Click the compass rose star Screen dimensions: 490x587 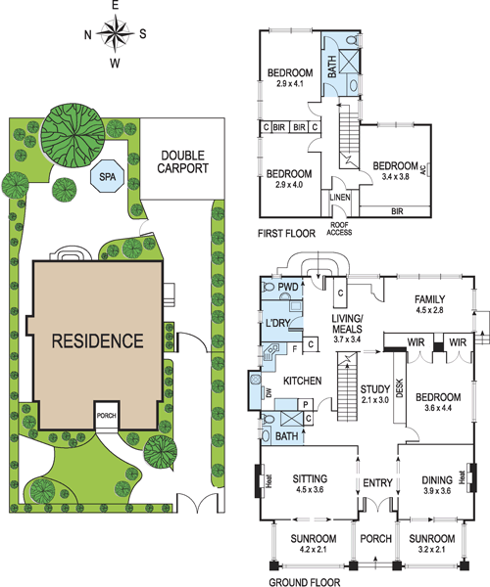[115, 33]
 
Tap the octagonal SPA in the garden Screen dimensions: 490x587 [108, 176]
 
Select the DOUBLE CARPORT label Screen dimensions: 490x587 [182, 161]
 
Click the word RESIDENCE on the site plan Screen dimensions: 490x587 [97, 340]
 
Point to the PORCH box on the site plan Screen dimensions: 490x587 [107, 416]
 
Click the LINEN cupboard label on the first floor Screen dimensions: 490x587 [340, 198]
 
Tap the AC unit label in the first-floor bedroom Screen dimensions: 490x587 [423, 170]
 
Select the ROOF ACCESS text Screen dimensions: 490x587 [339, 228]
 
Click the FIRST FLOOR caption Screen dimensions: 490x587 [286, 234]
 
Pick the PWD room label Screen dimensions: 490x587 [288, 287]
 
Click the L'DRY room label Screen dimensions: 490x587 [277, 323]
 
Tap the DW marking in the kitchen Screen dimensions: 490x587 [269, 392]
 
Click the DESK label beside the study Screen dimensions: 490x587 [399, 388]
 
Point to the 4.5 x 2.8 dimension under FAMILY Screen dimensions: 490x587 [429, 310]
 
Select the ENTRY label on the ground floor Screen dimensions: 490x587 [377, 483]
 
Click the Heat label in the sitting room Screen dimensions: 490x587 [269, 480]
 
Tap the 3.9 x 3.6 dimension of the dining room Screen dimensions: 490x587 [437, 491]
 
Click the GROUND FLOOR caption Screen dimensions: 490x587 [305, 582]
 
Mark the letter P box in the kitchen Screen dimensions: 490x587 [306, 404]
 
